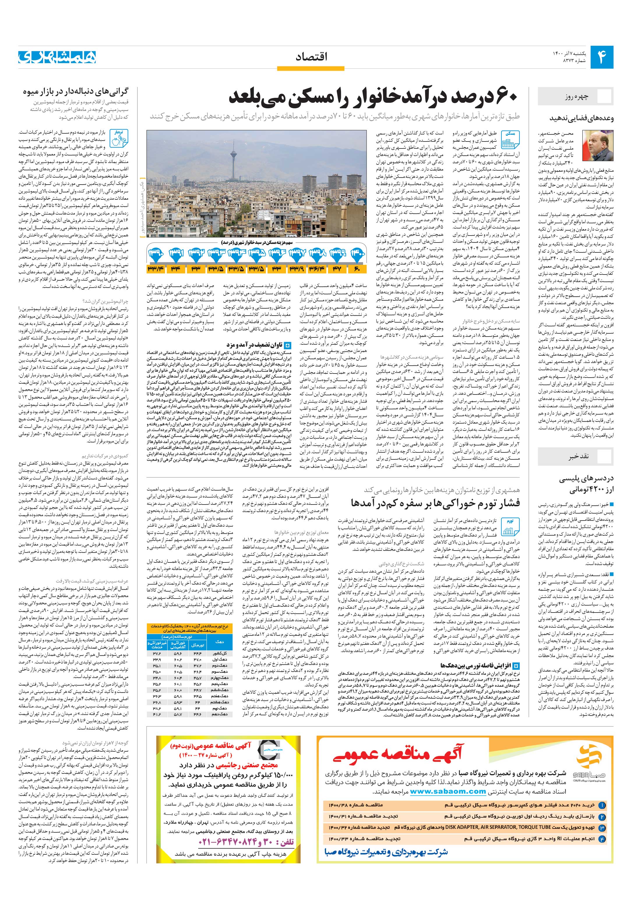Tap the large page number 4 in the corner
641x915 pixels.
click(601, 57)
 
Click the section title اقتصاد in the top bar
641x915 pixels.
click(312, 57)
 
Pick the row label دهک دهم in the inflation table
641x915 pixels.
click(220, 714)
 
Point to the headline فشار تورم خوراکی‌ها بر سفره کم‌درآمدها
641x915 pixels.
click(436, 503)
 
